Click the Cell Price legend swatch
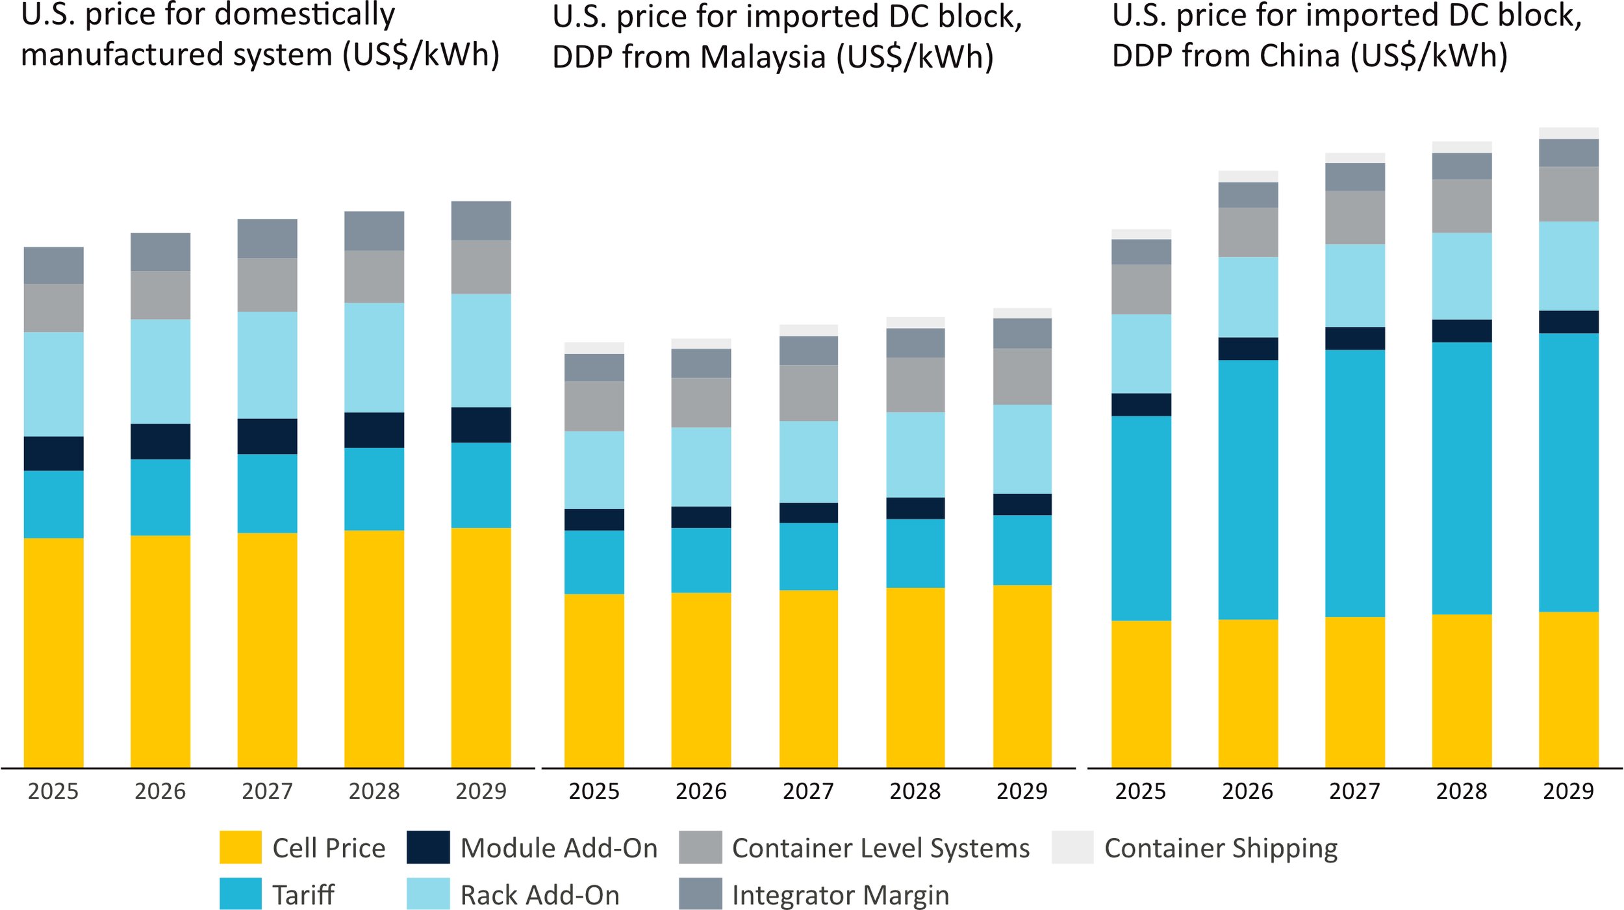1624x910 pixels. pos(240,847)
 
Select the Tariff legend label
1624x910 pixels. pos(303,895)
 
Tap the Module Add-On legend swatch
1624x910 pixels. pos(428,847)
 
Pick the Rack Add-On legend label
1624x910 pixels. pos(540,895)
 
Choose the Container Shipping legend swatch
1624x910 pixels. pos(1072,847)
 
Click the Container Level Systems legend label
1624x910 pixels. pos(881,848)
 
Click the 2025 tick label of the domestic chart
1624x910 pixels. pos(53,791)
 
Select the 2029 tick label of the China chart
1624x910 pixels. pos(1568,791)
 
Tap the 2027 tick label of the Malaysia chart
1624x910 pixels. pos(808,791)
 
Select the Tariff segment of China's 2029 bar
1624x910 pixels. pos(1568,472)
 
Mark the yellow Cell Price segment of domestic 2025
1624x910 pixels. pos(53,653)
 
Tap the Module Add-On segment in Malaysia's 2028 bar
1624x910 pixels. pos(915,508)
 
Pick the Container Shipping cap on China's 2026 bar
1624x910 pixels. pos(1248,176)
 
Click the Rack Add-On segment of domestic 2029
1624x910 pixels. pos(481,351)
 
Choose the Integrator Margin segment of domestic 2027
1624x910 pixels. pos(267,238)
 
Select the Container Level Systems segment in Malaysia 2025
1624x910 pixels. pos(594,406)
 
